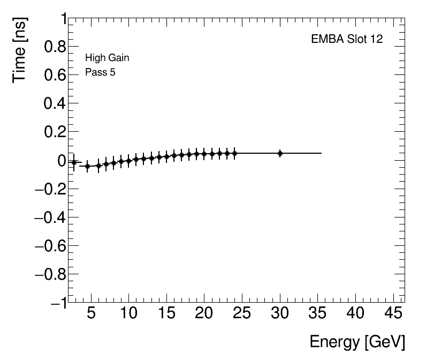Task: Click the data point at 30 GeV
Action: coord(280,153)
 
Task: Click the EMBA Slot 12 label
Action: coord(347,39)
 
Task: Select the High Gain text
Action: coord(107,58)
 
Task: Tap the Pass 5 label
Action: coord(100,72)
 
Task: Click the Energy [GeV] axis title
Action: coord(357,342)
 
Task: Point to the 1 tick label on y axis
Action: coord(63,20)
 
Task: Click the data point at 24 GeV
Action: coord(234,153)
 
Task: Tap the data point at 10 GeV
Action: coord(128,161)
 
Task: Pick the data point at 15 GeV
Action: coord(166,156)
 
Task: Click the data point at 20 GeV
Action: coord(204,154)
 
